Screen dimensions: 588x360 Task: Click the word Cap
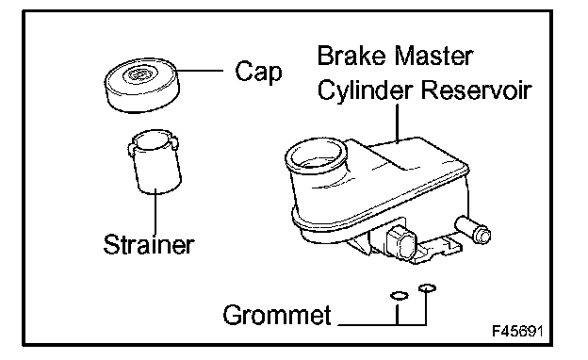(x=259, y=72)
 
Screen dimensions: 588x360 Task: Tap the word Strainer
(x=149, y=244)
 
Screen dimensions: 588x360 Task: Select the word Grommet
(x=277, y=314)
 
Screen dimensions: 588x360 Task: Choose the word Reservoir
(x=476, y=90)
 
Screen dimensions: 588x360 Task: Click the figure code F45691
(x=517, y=331)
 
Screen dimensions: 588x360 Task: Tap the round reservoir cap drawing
(x=141, y=85)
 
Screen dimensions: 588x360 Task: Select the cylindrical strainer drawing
(x=155, y=162)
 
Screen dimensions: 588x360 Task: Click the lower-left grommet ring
(x=399, y=296)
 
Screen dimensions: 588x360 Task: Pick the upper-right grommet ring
(x=427, y=288)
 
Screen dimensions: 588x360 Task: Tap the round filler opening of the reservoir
(x=317, y=155)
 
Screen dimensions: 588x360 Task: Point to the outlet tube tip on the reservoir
(x=483, y=236)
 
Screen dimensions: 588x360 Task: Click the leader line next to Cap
(x=200, y=70)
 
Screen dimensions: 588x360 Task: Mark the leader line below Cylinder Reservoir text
(x=397, y=123)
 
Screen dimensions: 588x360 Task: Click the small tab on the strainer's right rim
(x=174, y=144)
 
